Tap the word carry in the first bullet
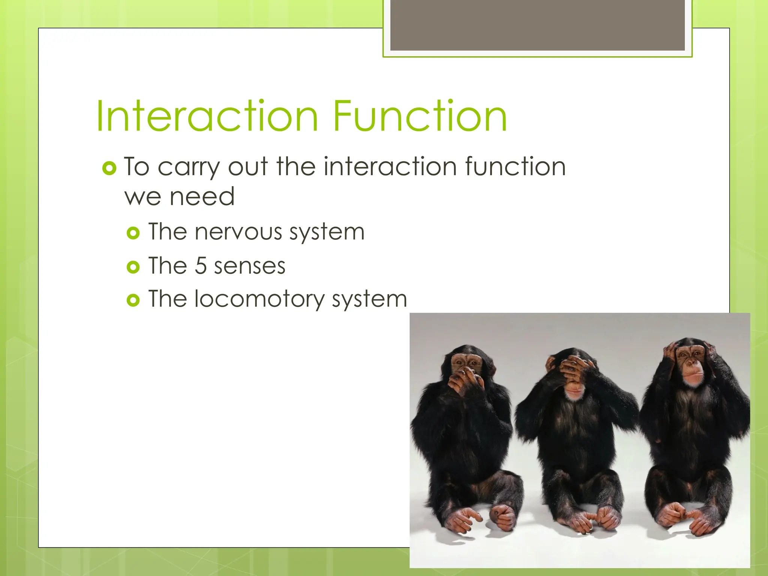tap(188, 167)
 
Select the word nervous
tap(238, 232)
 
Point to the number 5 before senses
tap(201, 266)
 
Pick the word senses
tap(250, 267)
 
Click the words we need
tap(179, 196)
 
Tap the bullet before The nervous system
tap(133, 233)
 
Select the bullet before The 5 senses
tap(133, 267)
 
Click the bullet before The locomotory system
tap(133, 300)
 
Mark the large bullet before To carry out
tap(109, 168)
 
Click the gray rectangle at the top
tap(537, 25)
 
